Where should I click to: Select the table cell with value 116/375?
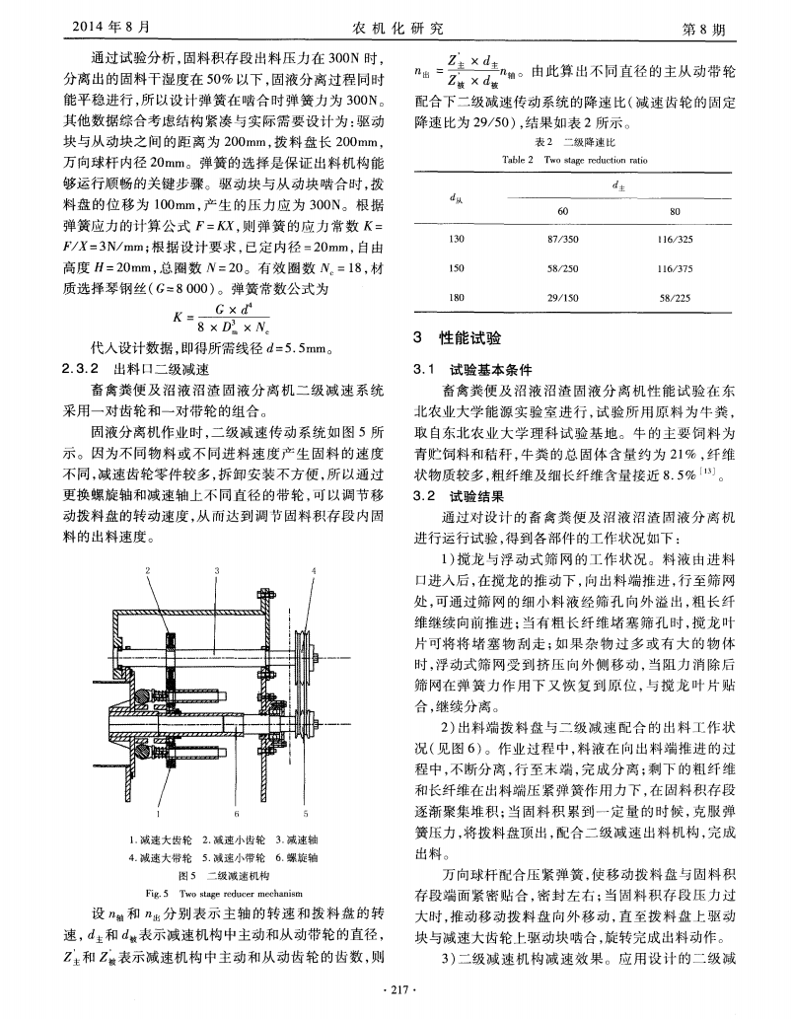[675, 267]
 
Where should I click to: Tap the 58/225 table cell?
[675, 296]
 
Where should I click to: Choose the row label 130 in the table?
[456, 240]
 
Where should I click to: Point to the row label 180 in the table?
[456, 296]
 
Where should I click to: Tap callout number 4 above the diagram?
[314, 571]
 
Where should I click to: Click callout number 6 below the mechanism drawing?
[238, 814]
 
